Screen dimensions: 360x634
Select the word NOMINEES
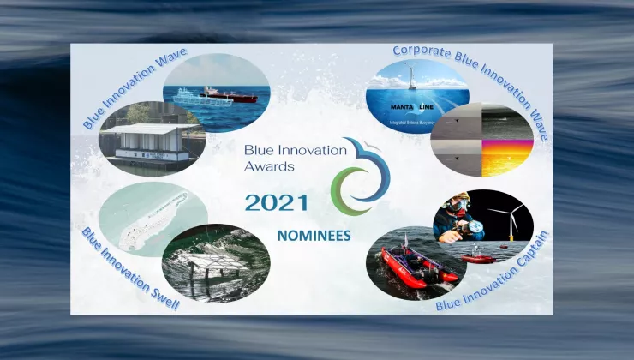pyautogui.click(x=313, y=234)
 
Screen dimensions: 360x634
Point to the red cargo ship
pyautogui.click(x=229, y=93)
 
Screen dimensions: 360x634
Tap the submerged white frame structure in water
pyautogui.click(x=214, y=261)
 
